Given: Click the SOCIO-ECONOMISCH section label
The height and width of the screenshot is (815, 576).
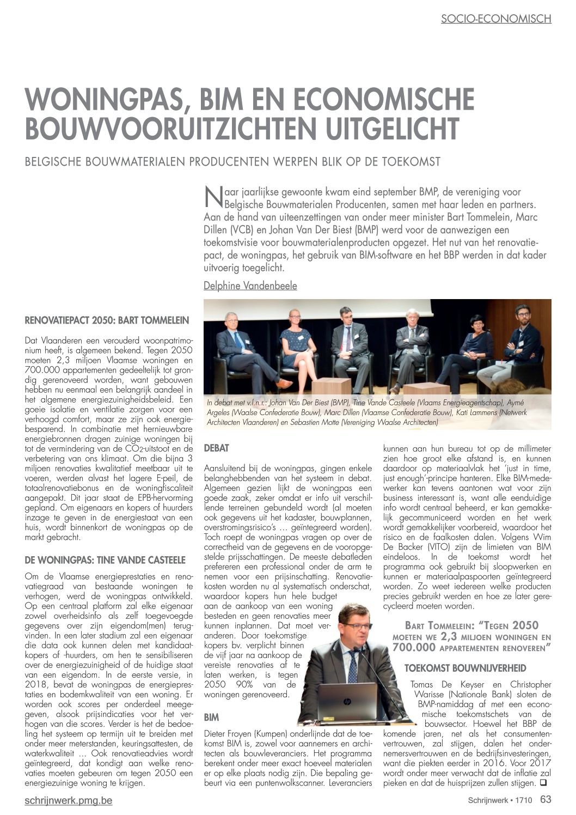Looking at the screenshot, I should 495,19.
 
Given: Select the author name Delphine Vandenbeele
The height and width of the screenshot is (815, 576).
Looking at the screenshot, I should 250,285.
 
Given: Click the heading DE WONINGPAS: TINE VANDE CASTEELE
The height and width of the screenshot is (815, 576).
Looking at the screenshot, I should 105,559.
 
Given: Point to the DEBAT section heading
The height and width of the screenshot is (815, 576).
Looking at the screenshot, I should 216,448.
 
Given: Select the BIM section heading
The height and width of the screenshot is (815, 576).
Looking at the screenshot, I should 211,717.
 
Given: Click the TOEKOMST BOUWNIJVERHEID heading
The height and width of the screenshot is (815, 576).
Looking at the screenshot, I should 465,668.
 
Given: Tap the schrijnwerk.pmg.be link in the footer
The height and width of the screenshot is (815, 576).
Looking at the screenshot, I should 69,800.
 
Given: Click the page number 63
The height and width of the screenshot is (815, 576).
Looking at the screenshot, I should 546,799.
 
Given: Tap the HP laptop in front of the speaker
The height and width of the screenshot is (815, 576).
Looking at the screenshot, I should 347,701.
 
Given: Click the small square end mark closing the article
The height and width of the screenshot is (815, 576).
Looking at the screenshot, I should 542,783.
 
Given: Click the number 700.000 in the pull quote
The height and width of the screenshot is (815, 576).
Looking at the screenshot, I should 414,647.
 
